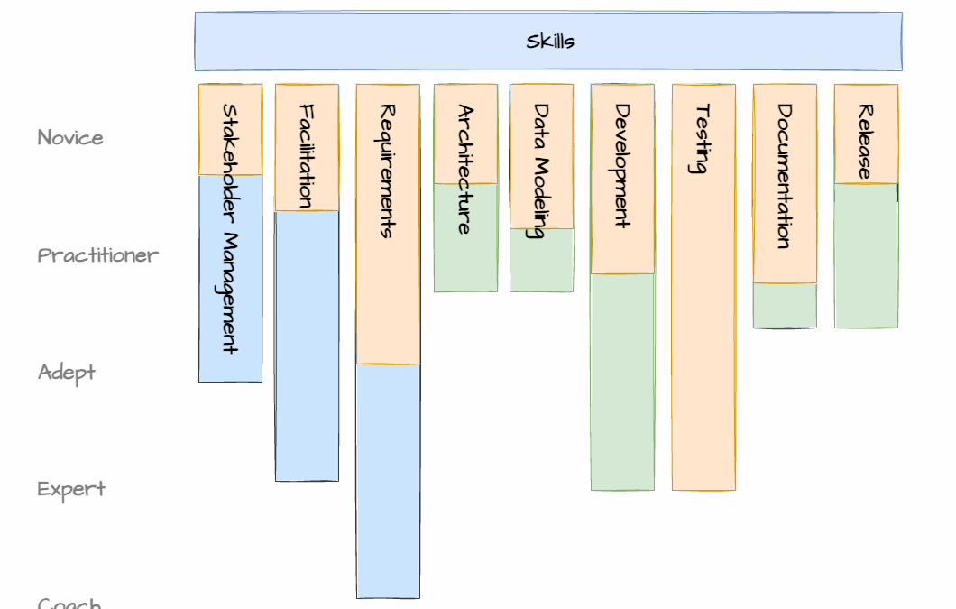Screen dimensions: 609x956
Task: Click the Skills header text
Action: point(549,42)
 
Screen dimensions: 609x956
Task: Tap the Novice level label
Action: point(70,138)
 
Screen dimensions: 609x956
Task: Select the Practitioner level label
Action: point(97,255)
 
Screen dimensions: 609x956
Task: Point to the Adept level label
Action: point(66,373)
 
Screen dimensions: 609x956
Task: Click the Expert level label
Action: point(71,490)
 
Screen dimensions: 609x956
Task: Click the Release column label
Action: point(865,142)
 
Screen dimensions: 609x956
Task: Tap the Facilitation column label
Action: point(307,156)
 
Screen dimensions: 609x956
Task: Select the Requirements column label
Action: point(388,171)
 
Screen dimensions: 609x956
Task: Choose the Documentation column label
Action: point(784,176)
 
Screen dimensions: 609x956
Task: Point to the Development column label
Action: point(622,166)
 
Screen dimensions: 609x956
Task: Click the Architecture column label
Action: point(464,170)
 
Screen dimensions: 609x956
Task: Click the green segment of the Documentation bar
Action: point(785,305)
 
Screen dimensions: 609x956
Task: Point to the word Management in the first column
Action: point(230,293)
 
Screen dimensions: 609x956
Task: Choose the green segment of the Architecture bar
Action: point(465,262)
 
